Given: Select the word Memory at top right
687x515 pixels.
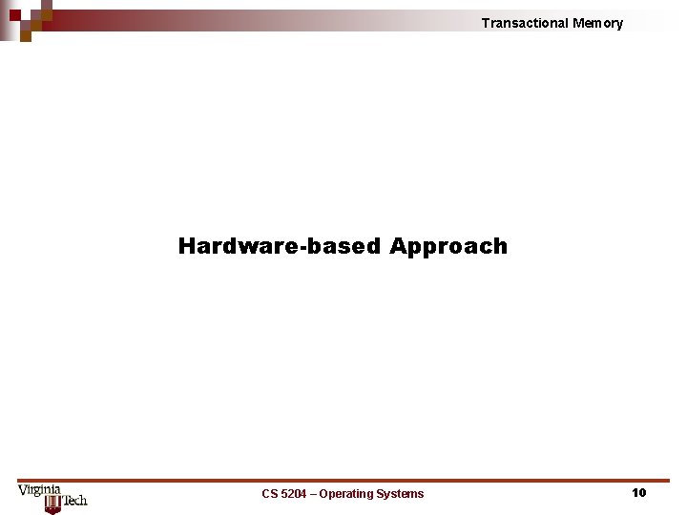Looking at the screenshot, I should pos(598,23).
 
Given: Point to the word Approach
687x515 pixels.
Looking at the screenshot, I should pos(448,247).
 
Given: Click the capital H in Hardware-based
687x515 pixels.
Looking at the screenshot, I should pos(187,246).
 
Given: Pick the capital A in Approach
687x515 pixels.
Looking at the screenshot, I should pos(398,246).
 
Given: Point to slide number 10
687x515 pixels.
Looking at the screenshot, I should pos(638,492).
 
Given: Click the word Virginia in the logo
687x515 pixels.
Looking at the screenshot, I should pos(39,490).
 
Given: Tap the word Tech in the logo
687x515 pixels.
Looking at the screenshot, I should pos(75,500).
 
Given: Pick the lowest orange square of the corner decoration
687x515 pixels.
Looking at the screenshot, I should pos(26,37).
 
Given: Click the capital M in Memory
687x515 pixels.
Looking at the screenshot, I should pos(578,23).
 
